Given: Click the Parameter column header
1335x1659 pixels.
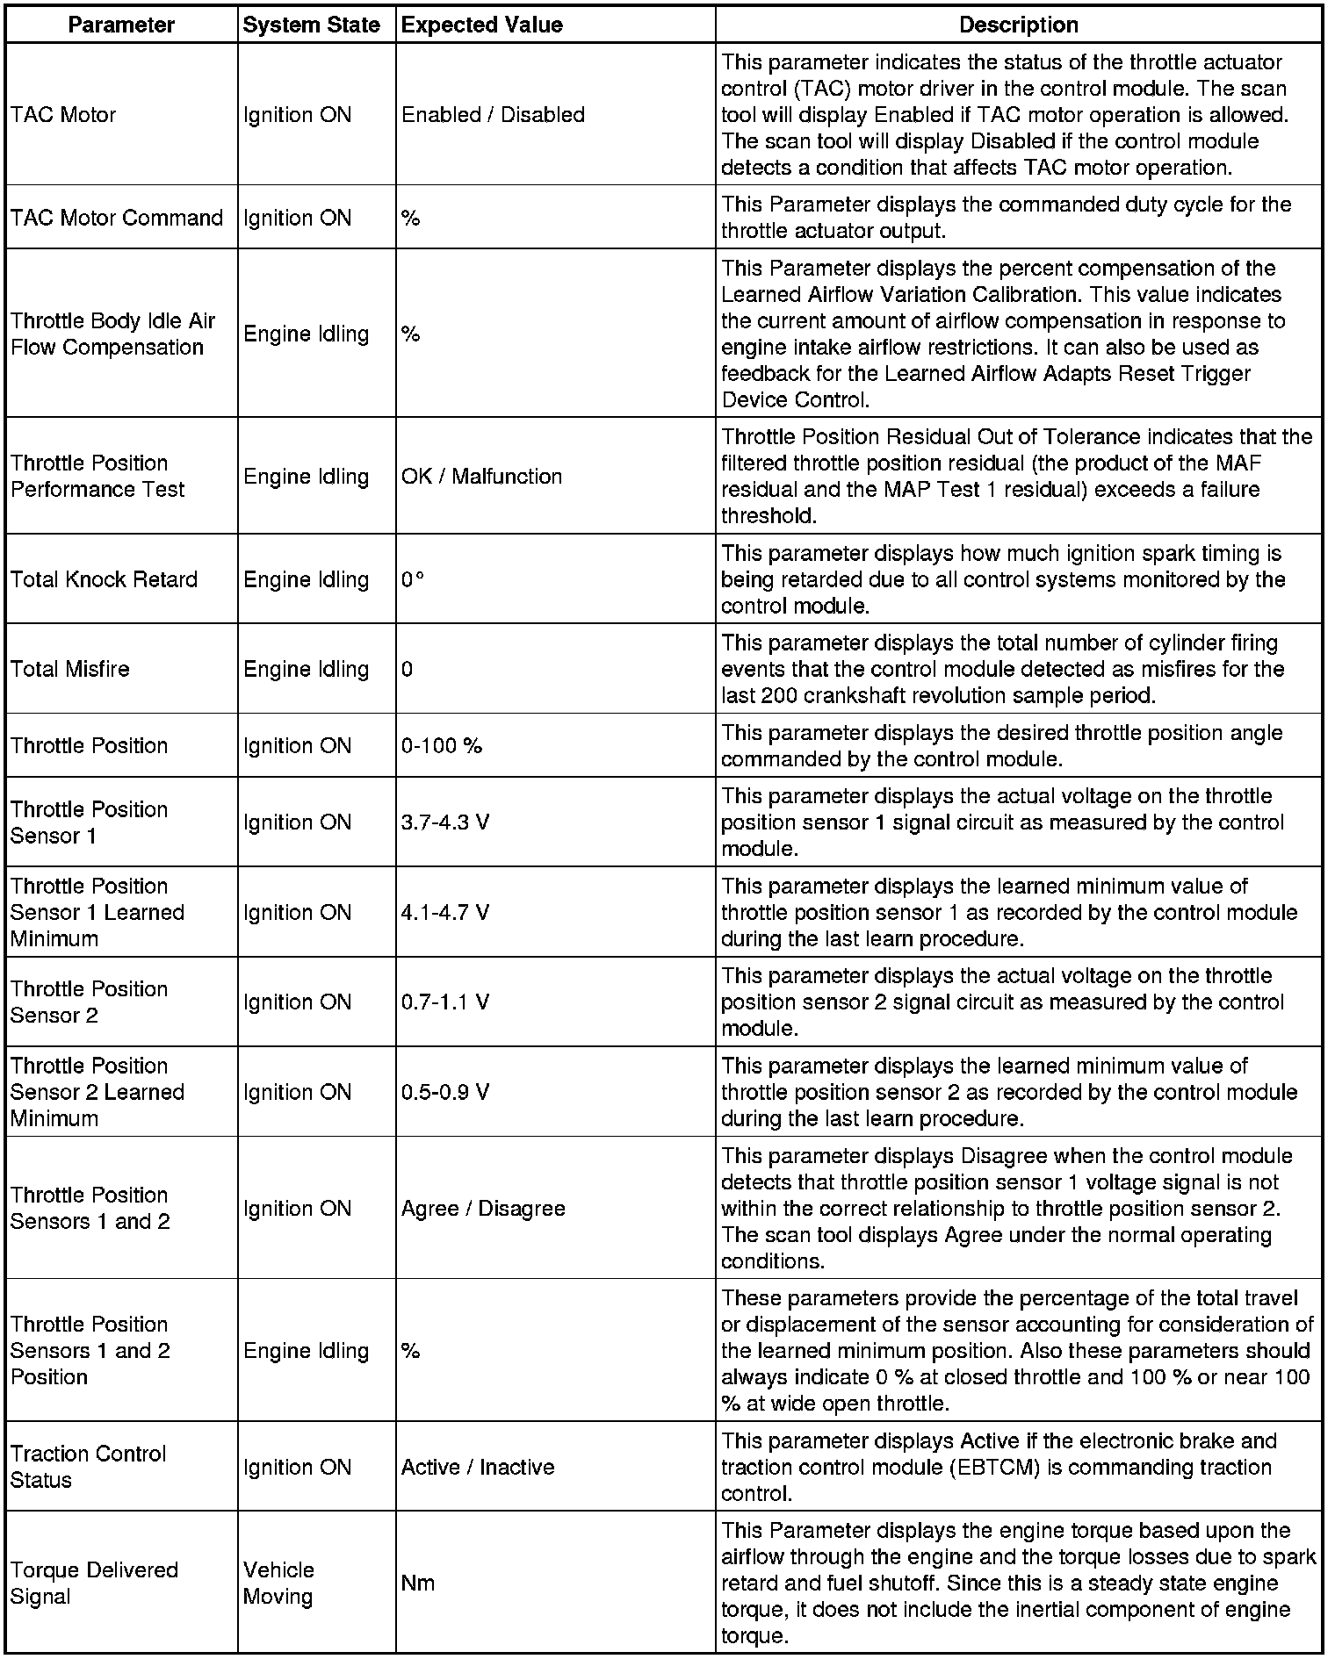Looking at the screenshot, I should pyautogui.click(x=121, y=25).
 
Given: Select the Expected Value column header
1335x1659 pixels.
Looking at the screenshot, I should pyautogui.click(x=481, y=25).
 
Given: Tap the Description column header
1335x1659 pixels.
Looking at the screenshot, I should pyautogui.click(x=1018, y=25).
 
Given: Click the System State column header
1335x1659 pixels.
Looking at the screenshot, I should pyautogui.click(x=311, y=25).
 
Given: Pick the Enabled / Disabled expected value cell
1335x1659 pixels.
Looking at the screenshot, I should pyautogui.click(x=493, y=115).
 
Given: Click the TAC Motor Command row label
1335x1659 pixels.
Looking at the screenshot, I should pyautogui.click(x=117, y=218).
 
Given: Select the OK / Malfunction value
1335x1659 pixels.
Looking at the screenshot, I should pyautogui.click(x=481, y=477).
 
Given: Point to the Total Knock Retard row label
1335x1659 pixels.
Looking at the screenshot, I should pyautogui.click(x=104, y=579).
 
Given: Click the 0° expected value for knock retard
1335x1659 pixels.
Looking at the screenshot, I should pyautogui.click(x=413, y=579).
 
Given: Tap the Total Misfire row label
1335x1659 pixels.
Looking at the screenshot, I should pyautogui.click(x=70, y=669).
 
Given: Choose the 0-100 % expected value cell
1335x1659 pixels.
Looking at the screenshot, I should pyautogui.click(x=442, y=746).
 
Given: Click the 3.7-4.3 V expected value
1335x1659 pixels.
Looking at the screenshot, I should pyautogui.click(x=445, y=822).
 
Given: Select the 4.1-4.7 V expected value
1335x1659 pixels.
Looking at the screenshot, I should pyautogui.click(x=445, y=913).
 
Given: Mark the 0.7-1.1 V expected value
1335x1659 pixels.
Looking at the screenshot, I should pyautogui.click(x=445, y=1002).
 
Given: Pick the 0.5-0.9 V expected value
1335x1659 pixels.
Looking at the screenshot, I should pyautogui.click(x=445, y=1092).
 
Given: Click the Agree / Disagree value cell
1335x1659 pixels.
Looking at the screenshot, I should pyautogui.click(x=483, y=1209).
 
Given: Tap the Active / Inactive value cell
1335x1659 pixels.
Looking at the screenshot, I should pyautogui.click(x=478, y=1467).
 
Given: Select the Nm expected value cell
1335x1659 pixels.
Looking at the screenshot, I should pyautogui.click(x=418, y=1583).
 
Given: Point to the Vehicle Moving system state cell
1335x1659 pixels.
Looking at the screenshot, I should pyautogui.click(x=278, y=1583).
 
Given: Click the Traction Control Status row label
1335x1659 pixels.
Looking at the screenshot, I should pyautogui.click(x=88, y=1467).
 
